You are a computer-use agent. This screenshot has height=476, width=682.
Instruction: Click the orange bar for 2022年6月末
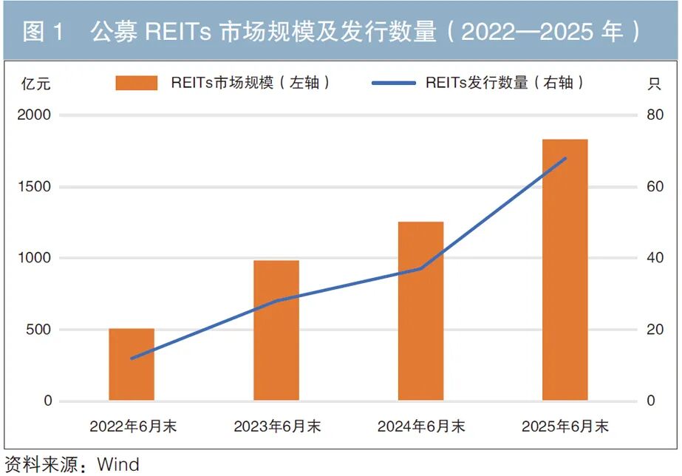click(132, 364)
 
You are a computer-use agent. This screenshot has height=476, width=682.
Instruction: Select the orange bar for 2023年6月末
click(276, 330)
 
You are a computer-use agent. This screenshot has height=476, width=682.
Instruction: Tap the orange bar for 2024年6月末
click(420, 311)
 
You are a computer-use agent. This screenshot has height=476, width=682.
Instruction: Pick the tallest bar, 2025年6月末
click(565, 270)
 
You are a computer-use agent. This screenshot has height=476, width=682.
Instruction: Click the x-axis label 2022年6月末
click(133, 426)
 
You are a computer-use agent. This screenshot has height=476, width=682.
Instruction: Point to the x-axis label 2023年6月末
click(277, 426)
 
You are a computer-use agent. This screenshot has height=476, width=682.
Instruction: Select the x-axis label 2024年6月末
click(421, 426)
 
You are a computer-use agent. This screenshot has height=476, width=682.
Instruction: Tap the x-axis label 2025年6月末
click(565, 426)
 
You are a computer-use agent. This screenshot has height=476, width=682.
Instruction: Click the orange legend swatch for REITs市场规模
click(137, 83)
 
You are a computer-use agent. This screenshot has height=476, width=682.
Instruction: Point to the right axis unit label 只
click(654, 84)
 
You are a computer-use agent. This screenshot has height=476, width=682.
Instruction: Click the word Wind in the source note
click(118, 465)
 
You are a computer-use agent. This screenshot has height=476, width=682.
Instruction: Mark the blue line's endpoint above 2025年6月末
click(565, 158)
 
